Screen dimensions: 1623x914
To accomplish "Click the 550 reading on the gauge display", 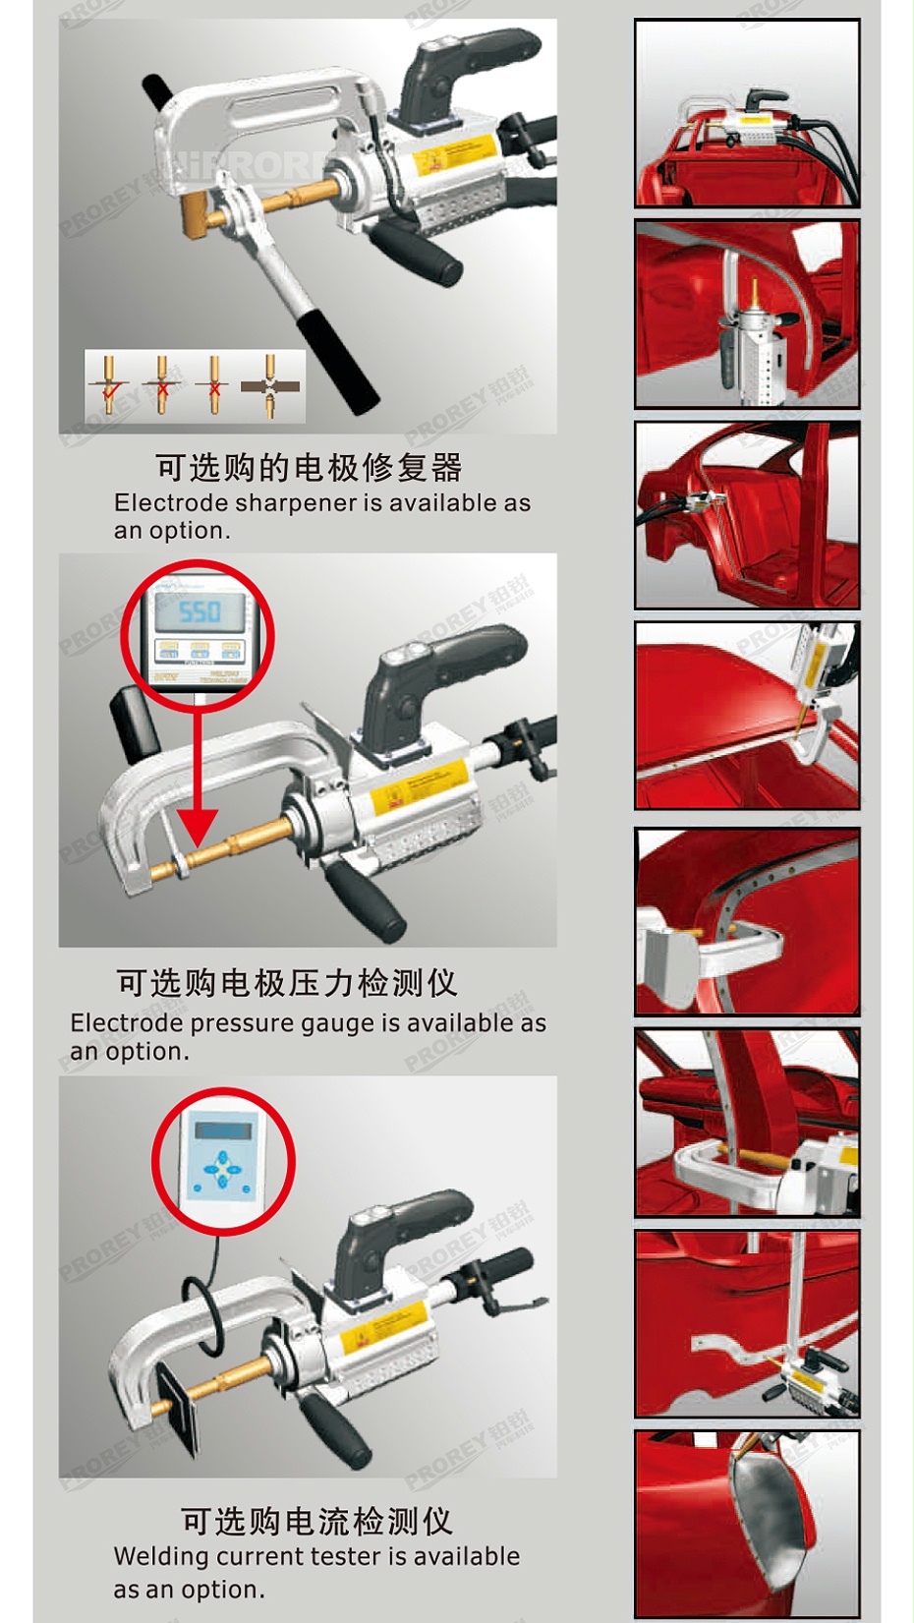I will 200,611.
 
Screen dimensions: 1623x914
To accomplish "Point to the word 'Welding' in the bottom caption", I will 161,1557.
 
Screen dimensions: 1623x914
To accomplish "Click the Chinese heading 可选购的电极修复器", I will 309,468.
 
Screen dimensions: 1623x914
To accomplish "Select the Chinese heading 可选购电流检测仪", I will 316,1522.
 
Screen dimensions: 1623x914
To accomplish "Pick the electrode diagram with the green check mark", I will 109,386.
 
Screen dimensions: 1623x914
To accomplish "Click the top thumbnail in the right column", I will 747,112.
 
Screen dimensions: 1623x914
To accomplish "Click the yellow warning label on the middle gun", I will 413,786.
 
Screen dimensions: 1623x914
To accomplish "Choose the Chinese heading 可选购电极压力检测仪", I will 286,983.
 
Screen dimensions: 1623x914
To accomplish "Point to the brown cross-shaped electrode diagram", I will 270,386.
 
